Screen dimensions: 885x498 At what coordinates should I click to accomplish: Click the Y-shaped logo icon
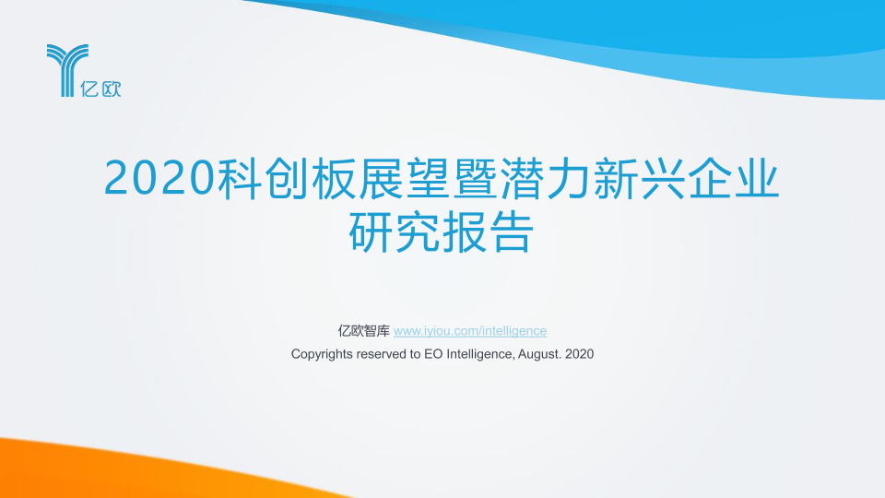67,70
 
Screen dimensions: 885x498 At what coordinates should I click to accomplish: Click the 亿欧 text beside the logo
100,89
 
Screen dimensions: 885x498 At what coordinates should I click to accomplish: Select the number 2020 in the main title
160,178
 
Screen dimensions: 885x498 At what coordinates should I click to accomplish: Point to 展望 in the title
404,178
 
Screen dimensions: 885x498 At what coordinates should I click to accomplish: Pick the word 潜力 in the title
545,178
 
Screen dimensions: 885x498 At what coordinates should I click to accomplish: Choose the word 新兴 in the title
639,178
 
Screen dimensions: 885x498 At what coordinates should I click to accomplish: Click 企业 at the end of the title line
733,178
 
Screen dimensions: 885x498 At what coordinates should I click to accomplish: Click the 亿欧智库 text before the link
364,331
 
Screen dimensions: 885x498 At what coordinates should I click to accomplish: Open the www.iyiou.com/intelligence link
470,331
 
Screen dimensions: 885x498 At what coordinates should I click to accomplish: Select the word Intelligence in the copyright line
480,354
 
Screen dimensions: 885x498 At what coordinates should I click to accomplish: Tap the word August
540,354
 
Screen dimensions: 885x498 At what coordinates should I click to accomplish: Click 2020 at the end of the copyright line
580,354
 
